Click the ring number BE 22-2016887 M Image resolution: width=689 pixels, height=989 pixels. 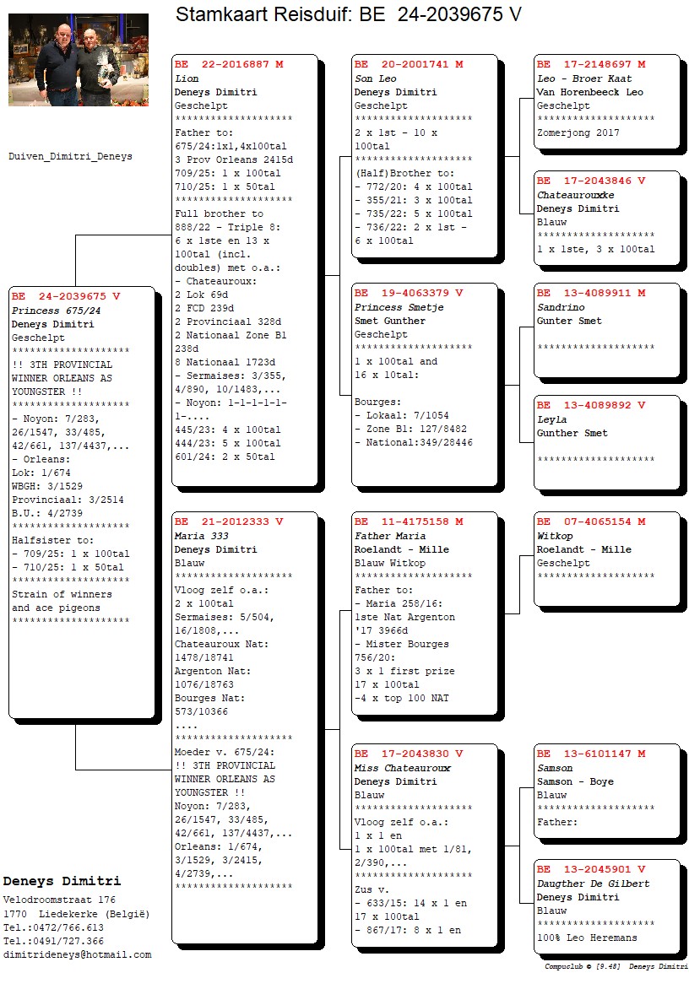click(229, 64)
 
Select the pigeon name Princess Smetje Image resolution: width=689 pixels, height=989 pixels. click(399, 307)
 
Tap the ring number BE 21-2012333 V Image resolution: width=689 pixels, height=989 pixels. click(229, 522)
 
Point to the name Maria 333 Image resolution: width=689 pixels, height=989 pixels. click(201, 536)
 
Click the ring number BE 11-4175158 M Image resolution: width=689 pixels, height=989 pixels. click(409, 522)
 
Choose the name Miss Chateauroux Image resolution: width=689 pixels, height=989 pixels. click(403, 768)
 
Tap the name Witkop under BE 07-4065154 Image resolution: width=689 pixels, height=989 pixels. click(555, 536)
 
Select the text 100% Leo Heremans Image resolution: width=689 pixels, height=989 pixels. click(587, 938)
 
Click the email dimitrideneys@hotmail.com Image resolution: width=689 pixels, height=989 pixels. click(77, 955)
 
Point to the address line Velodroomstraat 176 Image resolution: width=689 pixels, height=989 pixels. click(59, 900)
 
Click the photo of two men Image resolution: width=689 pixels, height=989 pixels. click(79, 60)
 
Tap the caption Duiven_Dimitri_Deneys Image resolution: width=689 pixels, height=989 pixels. click(70, 156)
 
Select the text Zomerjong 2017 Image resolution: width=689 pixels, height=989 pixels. click(578, 133)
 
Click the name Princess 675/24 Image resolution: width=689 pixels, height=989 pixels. click(56, 311)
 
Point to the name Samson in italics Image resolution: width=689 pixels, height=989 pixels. click(555, 768)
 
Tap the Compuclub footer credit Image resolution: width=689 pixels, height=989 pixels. click(616, 966)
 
